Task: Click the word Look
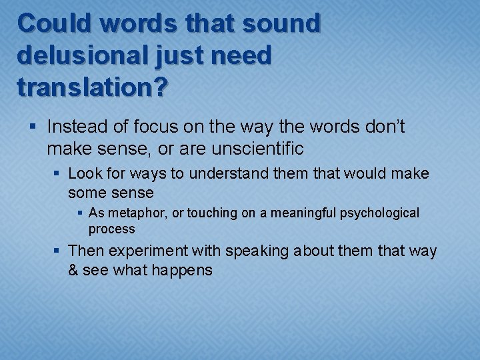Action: [84, 174]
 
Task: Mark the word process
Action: [112, 229]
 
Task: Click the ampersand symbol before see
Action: [73, 271]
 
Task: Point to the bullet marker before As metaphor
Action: [79, 213]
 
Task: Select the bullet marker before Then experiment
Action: [58, 251]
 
